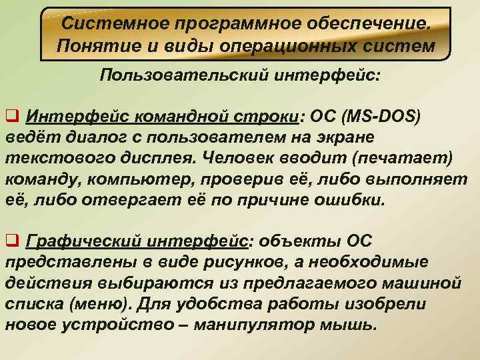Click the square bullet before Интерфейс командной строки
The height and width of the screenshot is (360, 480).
pyautogui.click(x=13, y=118)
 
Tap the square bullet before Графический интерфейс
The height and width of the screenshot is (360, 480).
pyautogui.click(x=13, y=240)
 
